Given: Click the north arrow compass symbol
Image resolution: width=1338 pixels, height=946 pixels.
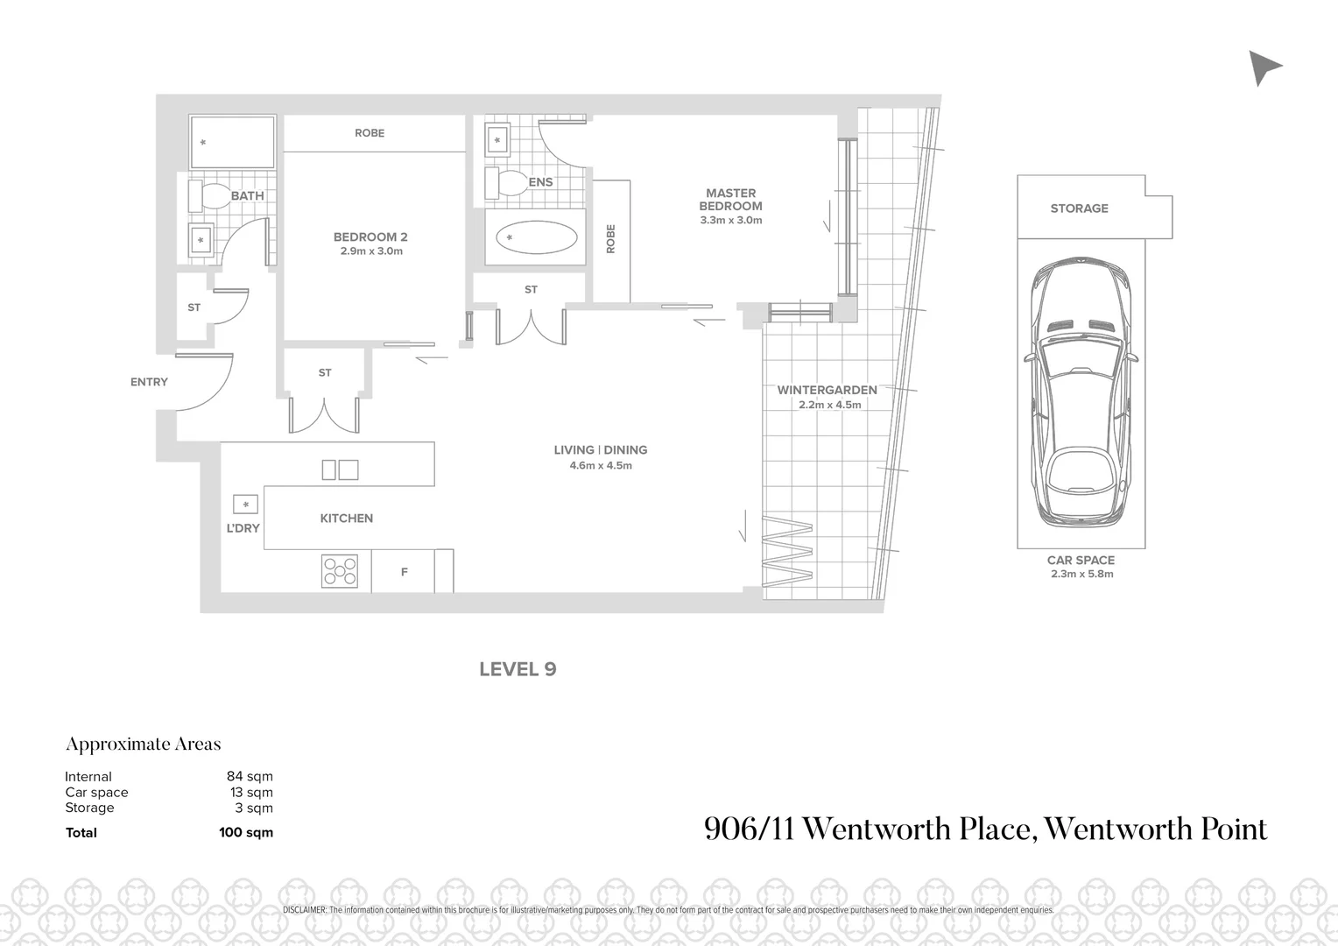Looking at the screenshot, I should tap(1263, 67).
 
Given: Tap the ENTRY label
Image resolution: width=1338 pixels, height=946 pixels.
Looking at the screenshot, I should tap(149, 382).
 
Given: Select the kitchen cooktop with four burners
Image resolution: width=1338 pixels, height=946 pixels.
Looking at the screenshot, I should tap(340, 571).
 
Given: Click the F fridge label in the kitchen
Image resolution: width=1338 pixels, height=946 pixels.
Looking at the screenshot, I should tap(404, 572).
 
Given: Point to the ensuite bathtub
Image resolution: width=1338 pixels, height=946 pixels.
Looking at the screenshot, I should tap(536, 237).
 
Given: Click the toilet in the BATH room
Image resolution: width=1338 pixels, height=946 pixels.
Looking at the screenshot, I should tap(207, 195).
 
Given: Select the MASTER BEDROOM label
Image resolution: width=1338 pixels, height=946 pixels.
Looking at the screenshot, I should tap(730, 200).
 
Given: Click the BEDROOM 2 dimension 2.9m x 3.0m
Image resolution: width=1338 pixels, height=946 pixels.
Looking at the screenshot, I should tap(371, 251).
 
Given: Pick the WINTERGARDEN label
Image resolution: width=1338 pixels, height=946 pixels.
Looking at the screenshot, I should tap(827, 390).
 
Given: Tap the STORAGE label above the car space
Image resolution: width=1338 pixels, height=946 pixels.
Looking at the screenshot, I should tap(1079, 208).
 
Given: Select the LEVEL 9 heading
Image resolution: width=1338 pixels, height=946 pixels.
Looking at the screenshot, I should tap(518, 669).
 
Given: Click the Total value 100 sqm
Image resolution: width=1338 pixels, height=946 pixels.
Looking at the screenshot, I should tap(246, 833).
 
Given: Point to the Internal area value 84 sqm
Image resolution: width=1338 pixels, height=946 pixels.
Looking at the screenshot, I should tap(250, 777).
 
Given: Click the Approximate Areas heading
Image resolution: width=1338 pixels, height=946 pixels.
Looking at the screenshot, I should tap(144, 745).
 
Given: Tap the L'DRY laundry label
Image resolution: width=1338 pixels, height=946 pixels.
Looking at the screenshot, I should tap(243, 528).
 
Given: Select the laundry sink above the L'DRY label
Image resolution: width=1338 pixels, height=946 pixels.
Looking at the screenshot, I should tap(245, 505).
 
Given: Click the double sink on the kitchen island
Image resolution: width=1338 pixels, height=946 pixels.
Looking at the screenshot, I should tap(340, 469).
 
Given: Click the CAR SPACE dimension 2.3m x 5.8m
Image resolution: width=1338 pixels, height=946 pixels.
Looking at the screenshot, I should tap(1081, 575).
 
